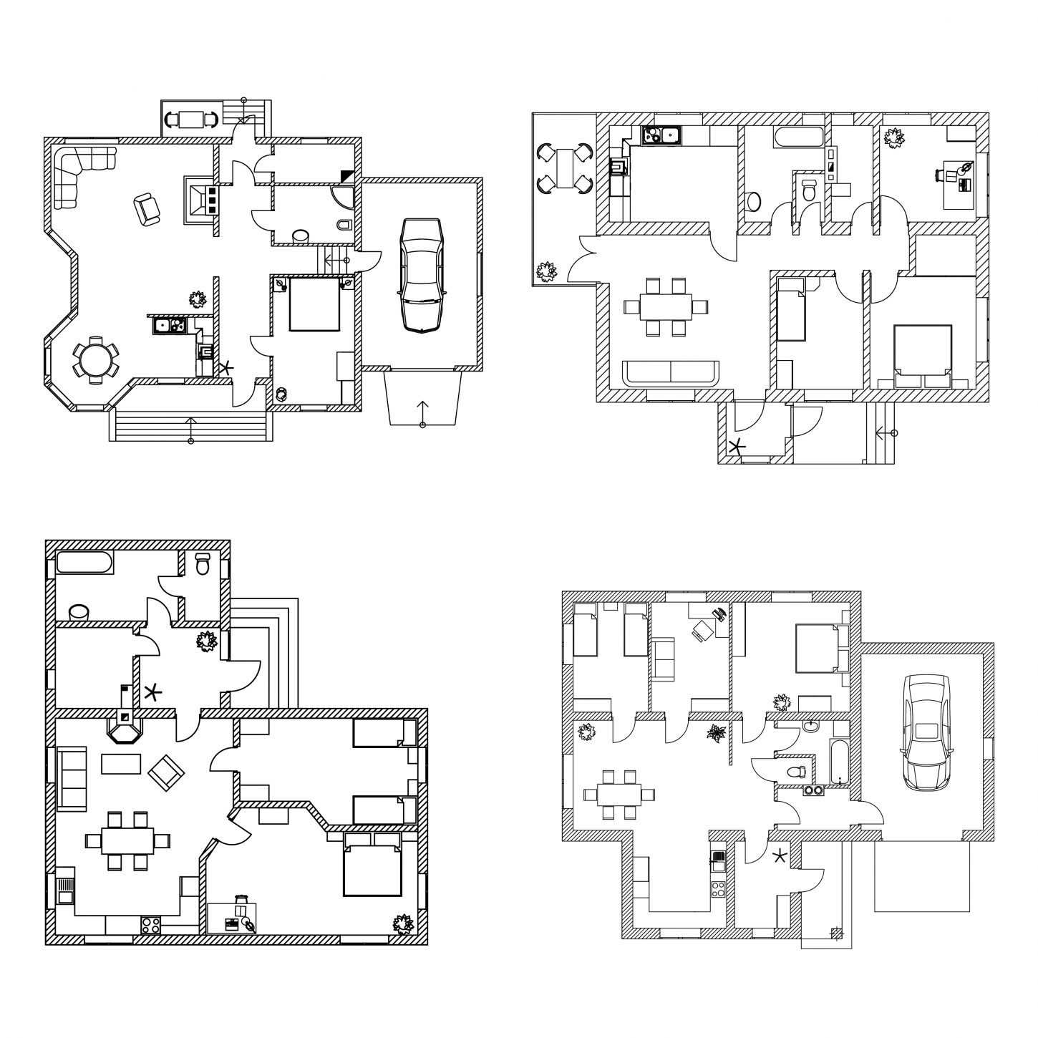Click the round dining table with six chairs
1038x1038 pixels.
[x=94, y=359]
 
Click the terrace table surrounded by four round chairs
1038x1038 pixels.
[x=565, y=169]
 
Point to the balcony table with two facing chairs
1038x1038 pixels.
[x=191, y=119]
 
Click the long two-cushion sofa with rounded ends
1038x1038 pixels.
[x=670, y=373]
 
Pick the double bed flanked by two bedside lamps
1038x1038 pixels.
[x=314, y=305]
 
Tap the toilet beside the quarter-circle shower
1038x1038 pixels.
[x=344, y=225]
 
